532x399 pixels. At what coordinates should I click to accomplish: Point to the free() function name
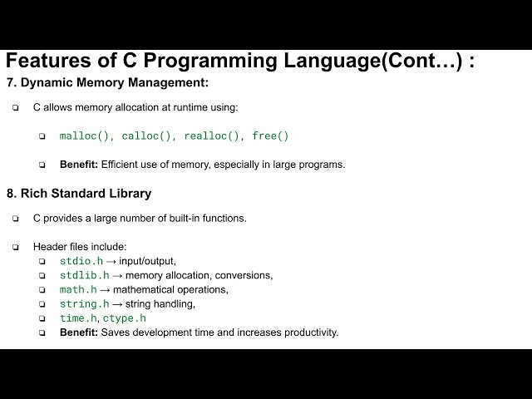270,135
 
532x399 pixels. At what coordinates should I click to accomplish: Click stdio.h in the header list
81,261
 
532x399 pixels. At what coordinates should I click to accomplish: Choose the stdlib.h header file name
84,275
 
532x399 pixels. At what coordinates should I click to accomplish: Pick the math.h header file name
78,289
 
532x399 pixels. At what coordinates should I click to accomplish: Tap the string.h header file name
84,303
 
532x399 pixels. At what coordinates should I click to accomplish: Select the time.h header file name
78,318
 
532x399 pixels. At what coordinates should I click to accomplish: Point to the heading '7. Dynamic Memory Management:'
107,82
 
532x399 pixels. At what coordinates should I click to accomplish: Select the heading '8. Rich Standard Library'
79,193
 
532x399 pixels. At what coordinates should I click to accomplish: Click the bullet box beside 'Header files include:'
15,247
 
